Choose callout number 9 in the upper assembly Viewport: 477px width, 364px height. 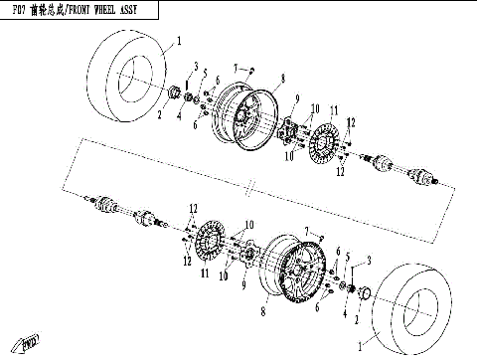click(295, 98)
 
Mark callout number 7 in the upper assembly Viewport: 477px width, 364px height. click(236, 67)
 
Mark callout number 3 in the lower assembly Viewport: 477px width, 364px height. click(370, 262)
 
